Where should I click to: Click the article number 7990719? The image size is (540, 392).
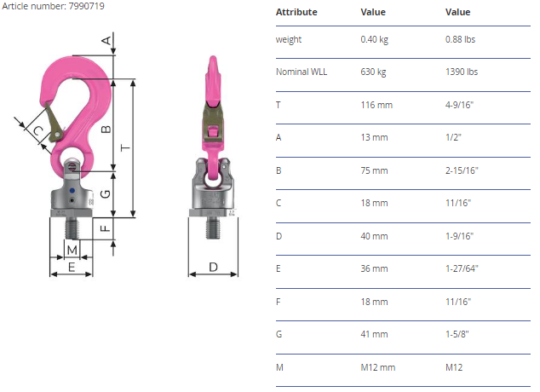coord(86,6)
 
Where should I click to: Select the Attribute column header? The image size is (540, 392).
coord(296,12)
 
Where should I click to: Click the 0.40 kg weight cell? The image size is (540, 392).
coord(375,39)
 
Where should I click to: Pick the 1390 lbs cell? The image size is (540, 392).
coord(462,72)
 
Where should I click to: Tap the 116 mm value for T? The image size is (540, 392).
coord(376,105)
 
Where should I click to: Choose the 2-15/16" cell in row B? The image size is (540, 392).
coord(462,170)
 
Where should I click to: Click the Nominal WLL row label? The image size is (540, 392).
coord(302,72)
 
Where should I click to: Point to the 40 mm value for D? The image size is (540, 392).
coord(374,236)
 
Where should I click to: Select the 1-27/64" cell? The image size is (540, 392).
coord(462,268)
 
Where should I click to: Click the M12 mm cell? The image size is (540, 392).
coord(378,367)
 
